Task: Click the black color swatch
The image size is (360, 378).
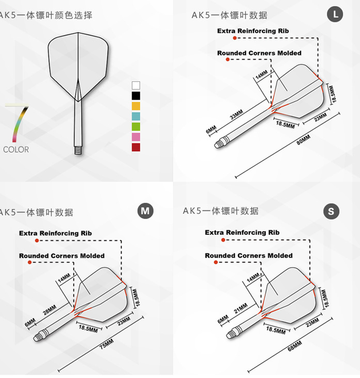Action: (x=136, y=96)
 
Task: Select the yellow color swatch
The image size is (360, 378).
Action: (x=136, y=106)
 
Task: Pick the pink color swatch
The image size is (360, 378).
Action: (x=136, y=137)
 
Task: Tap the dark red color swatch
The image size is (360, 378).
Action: (x=136, y=147)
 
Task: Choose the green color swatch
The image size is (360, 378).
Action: (x=136, y=127)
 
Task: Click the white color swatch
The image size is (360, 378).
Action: (x=136, y=85)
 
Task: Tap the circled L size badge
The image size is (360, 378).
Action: (x=335, y=15)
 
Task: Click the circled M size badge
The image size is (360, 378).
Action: (x=145, y=211)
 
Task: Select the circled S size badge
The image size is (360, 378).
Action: (x=331, y=211)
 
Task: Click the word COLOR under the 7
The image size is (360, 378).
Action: (x=16, y=149)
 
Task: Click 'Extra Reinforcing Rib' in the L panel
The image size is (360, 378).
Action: (x=253, y=31)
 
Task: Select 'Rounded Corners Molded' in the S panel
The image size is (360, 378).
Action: (x=249, y=255)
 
